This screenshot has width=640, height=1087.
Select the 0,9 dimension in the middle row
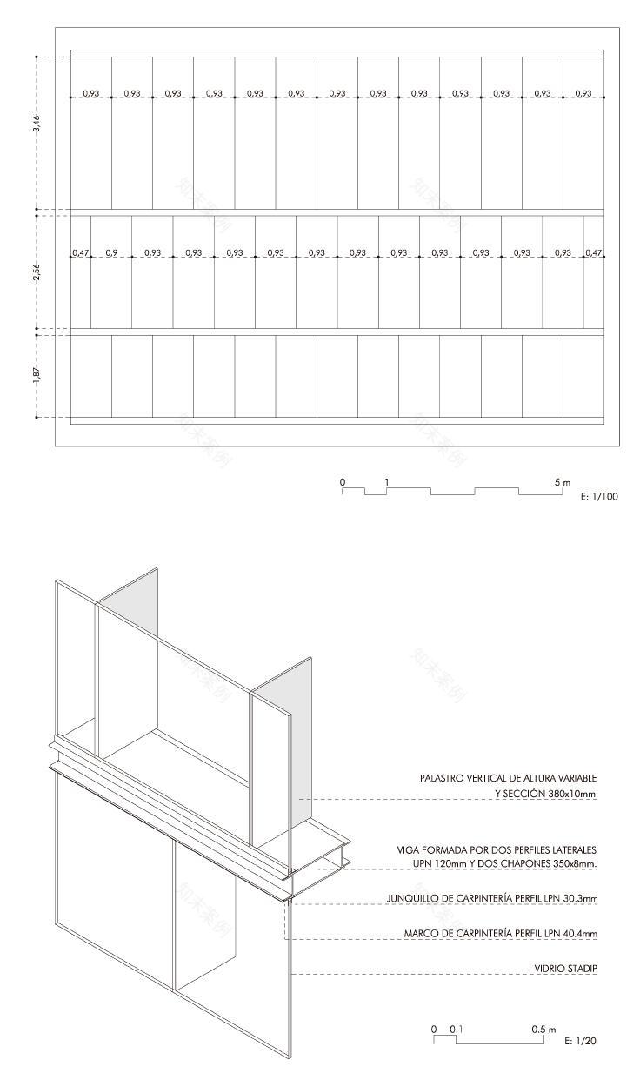tap(111, 253)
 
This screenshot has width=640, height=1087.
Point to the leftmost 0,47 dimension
tap(80, 253)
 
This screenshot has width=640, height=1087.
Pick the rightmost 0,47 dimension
tap(594, 253)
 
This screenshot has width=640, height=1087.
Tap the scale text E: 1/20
tap(581, 1041)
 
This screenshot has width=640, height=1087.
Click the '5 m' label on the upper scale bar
tap(563, 481)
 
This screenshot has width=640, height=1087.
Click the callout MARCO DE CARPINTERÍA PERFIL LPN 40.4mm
tap(501, 934)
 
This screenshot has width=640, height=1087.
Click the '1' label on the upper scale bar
tap(387, 481)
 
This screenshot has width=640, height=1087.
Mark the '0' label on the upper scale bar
tap(343, 481)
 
